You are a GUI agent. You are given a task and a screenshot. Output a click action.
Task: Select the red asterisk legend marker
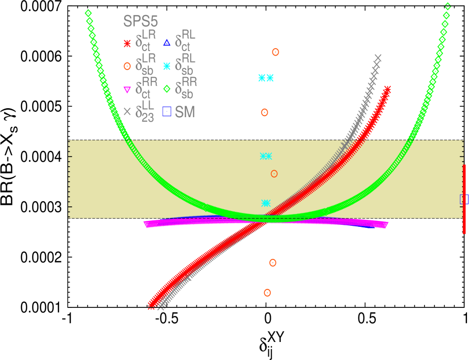[x=127, y=43]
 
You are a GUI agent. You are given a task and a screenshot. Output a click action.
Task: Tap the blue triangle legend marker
[x=167, y=43]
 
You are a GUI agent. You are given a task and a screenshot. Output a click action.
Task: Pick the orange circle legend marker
[x=127, y=66]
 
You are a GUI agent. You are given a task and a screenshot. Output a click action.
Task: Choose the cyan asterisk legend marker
[x=167, y=66]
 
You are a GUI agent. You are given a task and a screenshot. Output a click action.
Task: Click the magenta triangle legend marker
[x=127, y=90]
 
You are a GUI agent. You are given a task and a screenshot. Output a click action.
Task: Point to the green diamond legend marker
[x=167, y=89]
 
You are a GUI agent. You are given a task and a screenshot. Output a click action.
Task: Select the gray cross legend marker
[x=127, y=111]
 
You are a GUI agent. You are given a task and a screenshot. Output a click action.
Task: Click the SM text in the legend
[x=185, y=112]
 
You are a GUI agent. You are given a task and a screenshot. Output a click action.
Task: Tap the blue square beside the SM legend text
[x=167, y=111]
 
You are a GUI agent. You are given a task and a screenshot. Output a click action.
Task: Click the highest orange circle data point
[x=275, y=52]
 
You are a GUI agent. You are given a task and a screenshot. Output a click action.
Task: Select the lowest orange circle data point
[x=267, y=293]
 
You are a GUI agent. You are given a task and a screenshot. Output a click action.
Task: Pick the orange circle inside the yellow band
[x=274, y=174]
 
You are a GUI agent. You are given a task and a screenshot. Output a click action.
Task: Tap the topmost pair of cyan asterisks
[x=266, y=78]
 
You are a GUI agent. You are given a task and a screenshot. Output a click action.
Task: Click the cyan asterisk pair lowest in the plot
[x=266, y=203]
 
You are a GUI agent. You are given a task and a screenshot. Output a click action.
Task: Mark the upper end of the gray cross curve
[x=378, y=58]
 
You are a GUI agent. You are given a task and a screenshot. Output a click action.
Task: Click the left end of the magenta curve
[x=147, y=224]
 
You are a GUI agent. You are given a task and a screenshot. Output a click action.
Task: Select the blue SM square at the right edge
[x=463, y=199]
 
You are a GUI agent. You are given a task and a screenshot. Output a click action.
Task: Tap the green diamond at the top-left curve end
[x=88, y=13]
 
